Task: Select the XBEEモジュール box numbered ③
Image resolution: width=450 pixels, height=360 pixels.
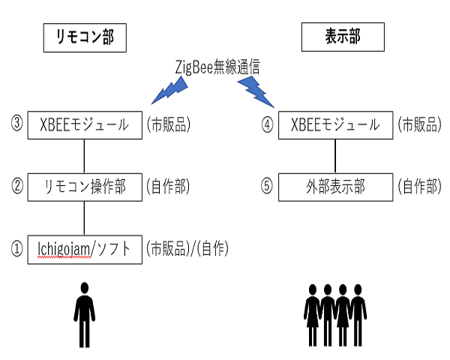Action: (84, 124)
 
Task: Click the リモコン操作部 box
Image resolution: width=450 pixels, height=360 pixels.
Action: (84, 186)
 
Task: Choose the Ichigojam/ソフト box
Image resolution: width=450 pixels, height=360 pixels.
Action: (84, 248)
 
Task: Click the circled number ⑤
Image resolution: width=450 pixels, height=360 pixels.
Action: (266, 186)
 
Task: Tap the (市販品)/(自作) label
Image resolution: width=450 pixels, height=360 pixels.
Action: (187, 248)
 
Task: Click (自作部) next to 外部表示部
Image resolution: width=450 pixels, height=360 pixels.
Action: (419, 186)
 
